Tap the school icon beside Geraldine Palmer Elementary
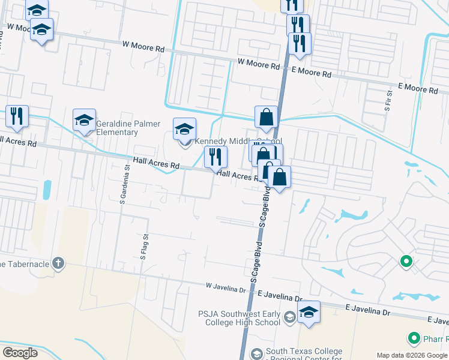(85, 121)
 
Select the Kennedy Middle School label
(238, 141)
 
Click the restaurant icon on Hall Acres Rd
(215, 157)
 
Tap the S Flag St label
(143, 247)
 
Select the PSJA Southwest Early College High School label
(239, 318)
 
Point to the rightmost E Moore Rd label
(417, 88)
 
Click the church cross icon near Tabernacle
(58, 263)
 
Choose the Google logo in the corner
(20, 353)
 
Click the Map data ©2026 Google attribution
(412, 355)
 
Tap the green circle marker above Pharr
(406, 262)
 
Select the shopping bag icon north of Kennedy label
(265, 118)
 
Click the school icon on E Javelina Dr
(309, 312)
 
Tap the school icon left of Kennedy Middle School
(184, 129)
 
